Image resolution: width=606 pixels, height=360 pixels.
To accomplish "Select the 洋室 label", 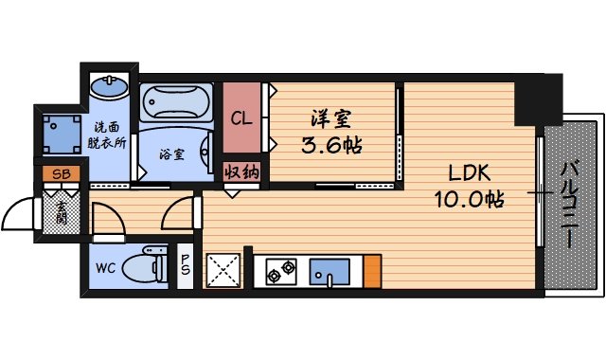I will click(x=331, y=121).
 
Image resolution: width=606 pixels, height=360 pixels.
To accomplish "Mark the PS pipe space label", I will click(x=187, y=266).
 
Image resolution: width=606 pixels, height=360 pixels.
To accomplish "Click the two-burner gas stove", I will click(x=279, y=272).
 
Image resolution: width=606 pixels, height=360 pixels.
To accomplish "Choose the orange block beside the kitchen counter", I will click(x=372, y=271).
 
